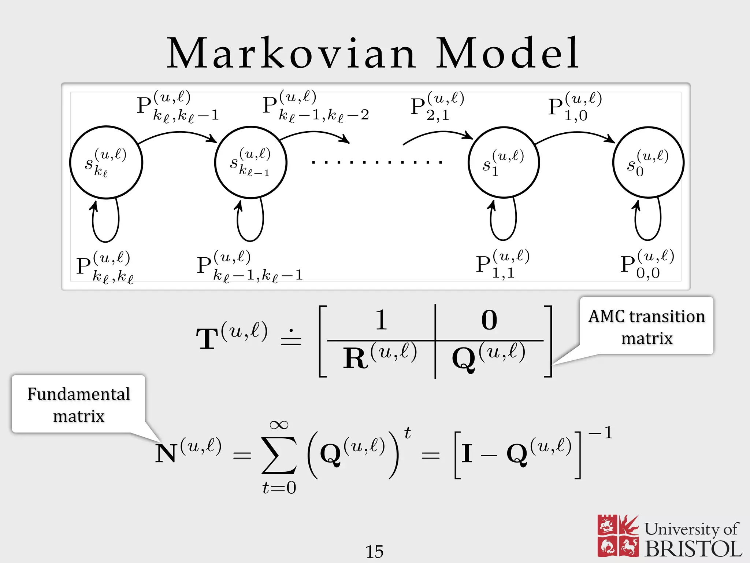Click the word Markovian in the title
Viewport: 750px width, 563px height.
click(x=291, y=54)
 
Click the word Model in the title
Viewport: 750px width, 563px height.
click(x=508, y=54)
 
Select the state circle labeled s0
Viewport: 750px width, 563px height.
click(x=648, y=162)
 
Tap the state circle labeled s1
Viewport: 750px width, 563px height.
click(x=504, y=162)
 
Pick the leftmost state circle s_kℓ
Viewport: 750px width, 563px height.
click(x=106, y=162)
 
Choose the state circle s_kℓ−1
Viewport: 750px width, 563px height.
click(x=251, y=162)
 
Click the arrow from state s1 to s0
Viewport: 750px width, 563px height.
click(x=575, y=135)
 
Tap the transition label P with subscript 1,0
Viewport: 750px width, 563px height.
click(x=575, y=106)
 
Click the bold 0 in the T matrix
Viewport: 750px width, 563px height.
click(x=489, y=320)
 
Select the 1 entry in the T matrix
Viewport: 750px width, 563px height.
click(x=381, y=320)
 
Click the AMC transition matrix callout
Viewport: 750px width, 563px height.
click(x=647, y=327)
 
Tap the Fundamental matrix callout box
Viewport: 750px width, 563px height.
click(x=79, y=405)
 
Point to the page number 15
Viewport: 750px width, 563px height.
click(x=374, y=551)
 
